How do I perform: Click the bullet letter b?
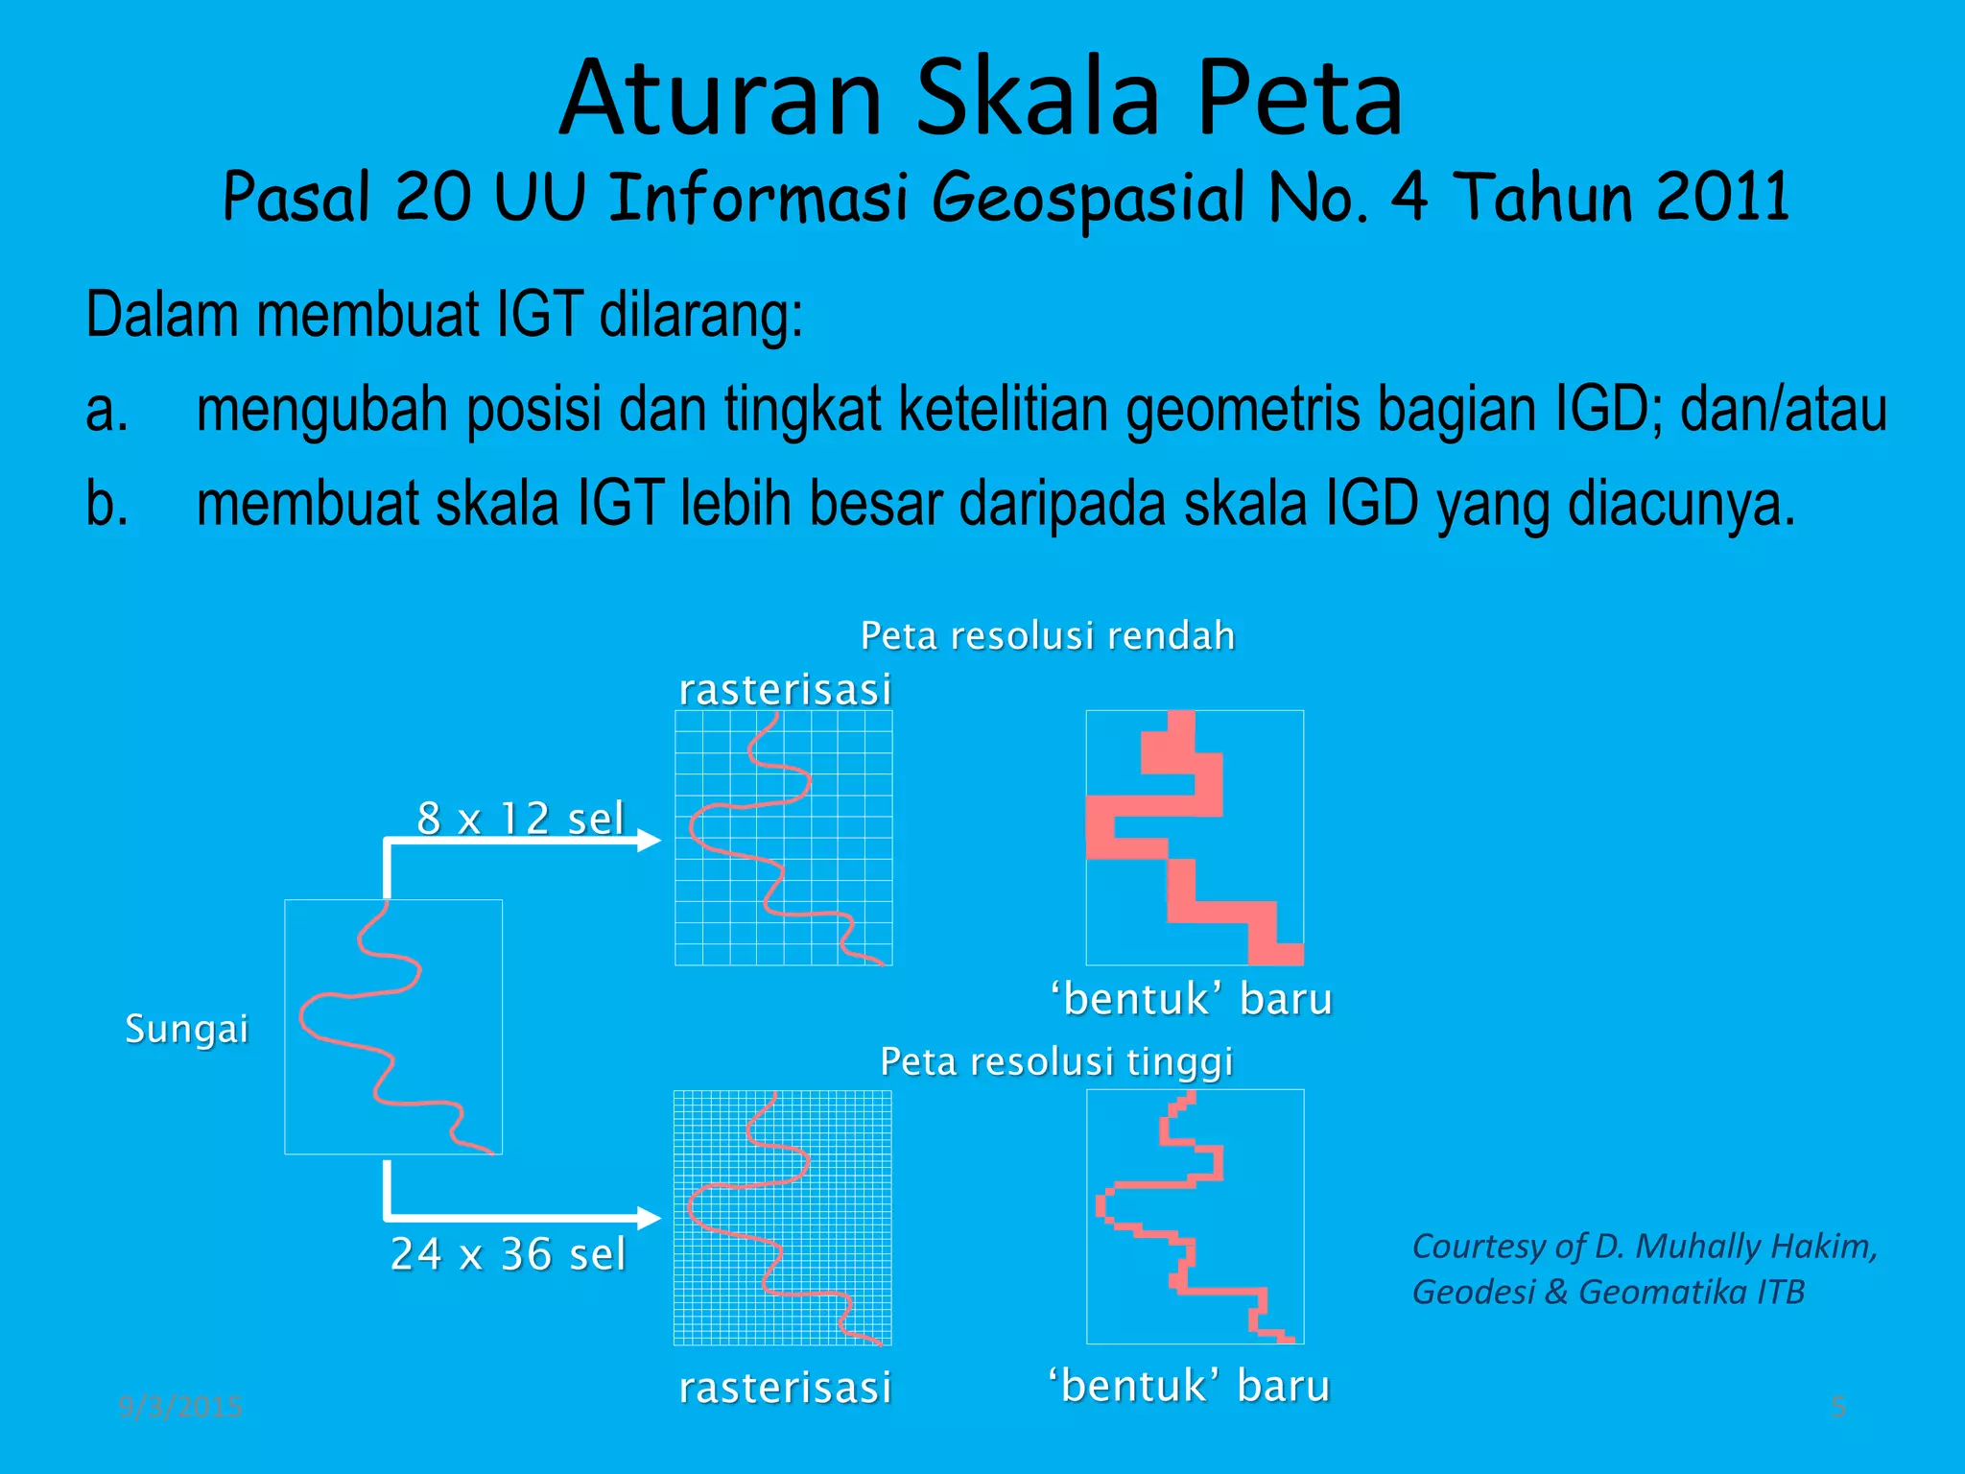[x=107, y=503]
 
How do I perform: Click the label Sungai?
[x=187, y=1029]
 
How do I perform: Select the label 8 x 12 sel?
[x=521, y=819]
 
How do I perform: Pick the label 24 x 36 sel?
[x=509, y=1254]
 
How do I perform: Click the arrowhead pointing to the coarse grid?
[x=650, y=841]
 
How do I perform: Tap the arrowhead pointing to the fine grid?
[x=650, y=1219]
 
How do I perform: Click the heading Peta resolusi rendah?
[x=1048, y=636]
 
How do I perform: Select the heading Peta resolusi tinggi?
[x=1056, y=1062]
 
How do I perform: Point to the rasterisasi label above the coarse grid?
[x=785, y=690]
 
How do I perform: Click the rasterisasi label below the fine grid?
[x=785, y=1388]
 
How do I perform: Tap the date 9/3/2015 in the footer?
[x=180, y=1407]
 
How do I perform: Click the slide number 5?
[x=1838, y=1407]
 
